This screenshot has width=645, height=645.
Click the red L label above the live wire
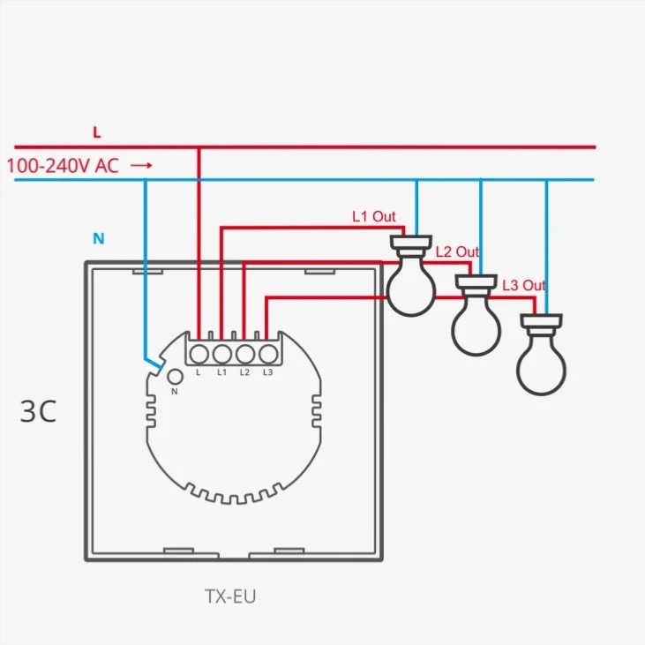(97, 132)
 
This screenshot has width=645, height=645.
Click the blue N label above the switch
(99, 238)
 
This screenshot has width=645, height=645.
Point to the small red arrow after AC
(142, 165)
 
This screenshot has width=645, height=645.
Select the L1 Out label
(374, 216)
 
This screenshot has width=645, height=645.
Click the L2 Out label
(457, 252)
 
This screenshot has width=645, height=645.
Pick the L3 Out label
(524, 285)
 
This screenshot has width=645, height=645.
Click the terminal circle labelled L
(199, 354)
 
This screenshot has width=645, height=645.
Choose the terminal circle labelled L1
(221, 354)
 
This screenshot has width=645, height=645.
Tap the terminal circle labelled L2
(244, 354)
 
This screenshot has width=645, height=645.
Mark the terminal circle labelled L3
(267, 354)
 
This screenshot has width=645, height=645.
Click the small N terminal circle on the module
(174, 377)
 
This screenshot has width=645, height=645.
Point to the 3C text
(38, 412)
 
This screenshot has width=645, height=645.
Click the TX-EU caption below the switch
(230, 597)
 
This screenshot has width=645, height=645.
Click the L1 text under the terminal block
(221, 373)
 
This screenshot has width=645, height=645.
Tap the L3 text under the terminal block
(267, 373)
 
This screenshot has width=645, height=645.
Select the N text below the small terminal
(174, 390)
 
